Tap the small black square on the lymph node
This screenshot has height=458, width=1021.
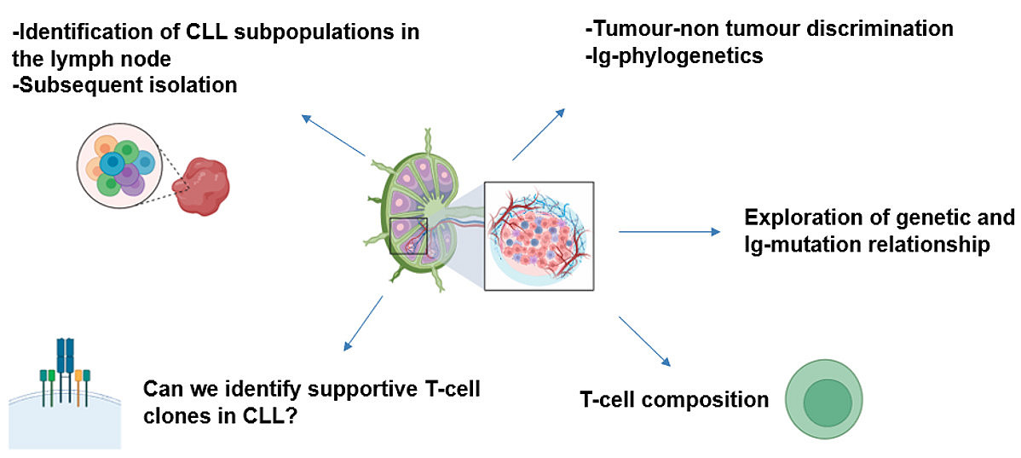[x=407, y=235]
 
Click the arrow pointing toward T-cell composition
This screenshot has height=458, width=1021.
[x=644, y=341]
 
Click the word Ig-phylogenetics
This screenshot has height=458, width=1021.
[x=673, y=56]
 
